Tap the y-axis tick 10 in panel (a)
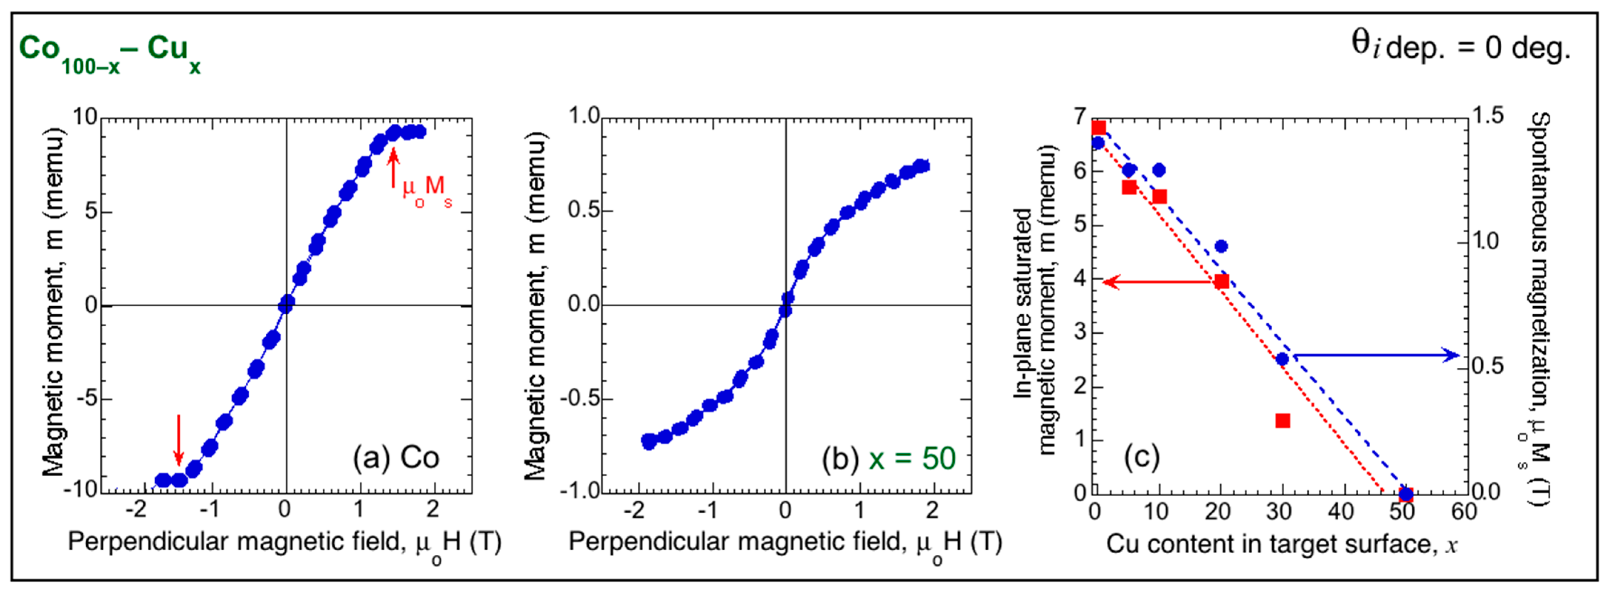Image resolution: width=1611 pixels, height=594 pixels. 85,117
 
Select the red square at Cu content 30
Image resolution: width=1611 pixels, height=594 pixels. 1283,420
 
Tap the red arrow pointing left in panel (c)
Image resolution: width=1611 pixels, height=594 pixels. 1157,282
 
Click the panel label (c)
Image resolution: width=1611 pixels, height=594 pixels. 1142,458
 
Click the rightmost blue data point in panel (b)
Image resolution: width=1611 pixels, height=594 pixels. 922,166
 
